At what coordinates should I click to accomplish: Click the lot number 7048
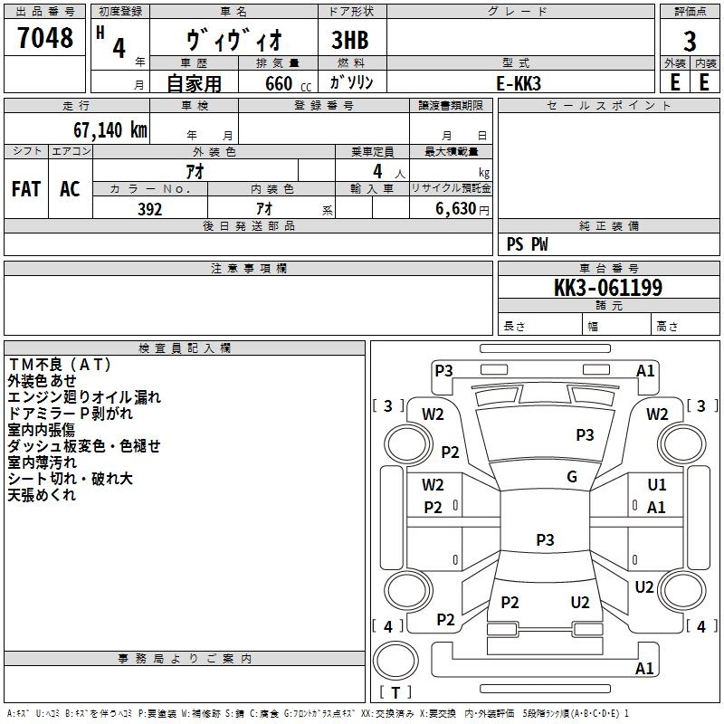coord(45,38)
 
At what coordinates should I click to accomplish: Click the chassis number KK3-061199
coord(608,289)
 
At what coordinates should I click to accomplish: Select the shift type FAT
coord(26,189)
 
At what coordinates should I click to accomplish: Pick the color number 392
coord(149,209)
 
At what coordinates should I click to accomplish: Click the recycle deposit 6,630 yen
coord(454,209)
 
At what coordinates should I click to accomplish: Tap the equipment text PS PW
coord(528,243)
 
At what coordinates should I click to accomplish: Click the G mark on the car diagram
coord(572,477)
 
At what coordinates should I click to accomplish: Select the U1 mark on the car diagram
coord(657,485)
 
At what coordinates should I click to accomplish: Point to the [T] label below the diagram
coord(395,692)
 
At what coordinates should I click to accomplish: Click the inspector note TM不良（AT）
coord(60,365)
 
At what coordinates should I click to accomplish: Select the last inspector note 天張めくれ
coord(42,495)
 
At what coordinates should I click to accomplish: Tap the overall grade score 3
coord(690,41)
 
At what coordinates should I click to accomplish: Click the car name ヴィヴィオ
coord(234,41)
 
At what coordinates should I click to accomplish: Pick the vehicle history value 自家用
coord(194,84)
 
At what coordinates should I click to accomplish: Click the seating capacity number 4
coord(376,171)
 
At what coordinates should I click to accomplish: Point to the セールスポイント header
coord(609,106)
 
